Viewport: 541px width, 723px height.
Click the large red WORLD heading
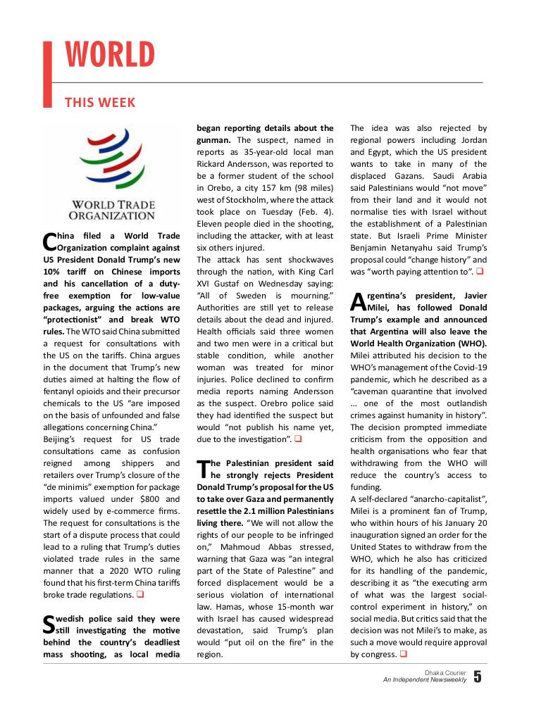tap(109, 56)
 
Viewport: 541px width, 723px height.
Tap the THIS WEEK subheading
tap(99, 103)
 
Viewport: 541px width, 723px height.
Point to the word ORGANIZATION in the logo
tap(111, 215)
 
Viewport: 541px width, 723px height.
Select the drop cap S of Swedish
tap(49, 624)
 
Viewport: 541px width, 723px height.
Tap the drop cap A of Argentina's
tap(357, 301)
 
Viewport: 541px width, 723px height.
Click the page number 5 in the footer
tap(478, 677)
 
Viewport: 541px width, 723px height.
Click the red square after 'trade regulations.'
tap(140, 595)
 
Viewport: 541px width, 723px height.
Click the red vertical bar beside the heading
tap(48, 75)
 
